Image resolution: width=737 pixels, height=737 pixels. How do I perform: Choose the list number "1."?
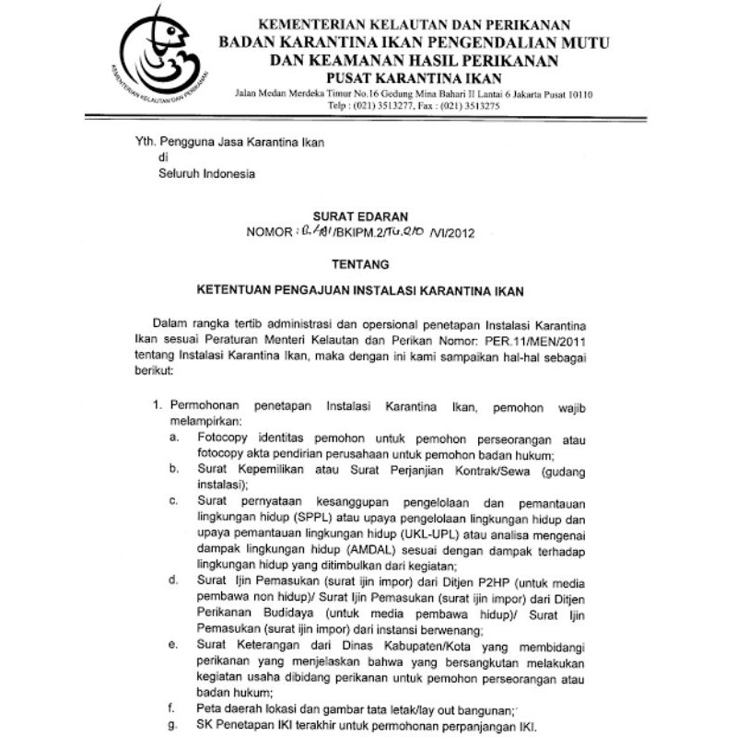pyautogui.click(x=157, y=404)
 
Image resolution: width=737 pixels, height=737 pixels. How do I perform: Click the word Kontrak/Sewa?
pyautogui.click(x=485, y=470)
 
